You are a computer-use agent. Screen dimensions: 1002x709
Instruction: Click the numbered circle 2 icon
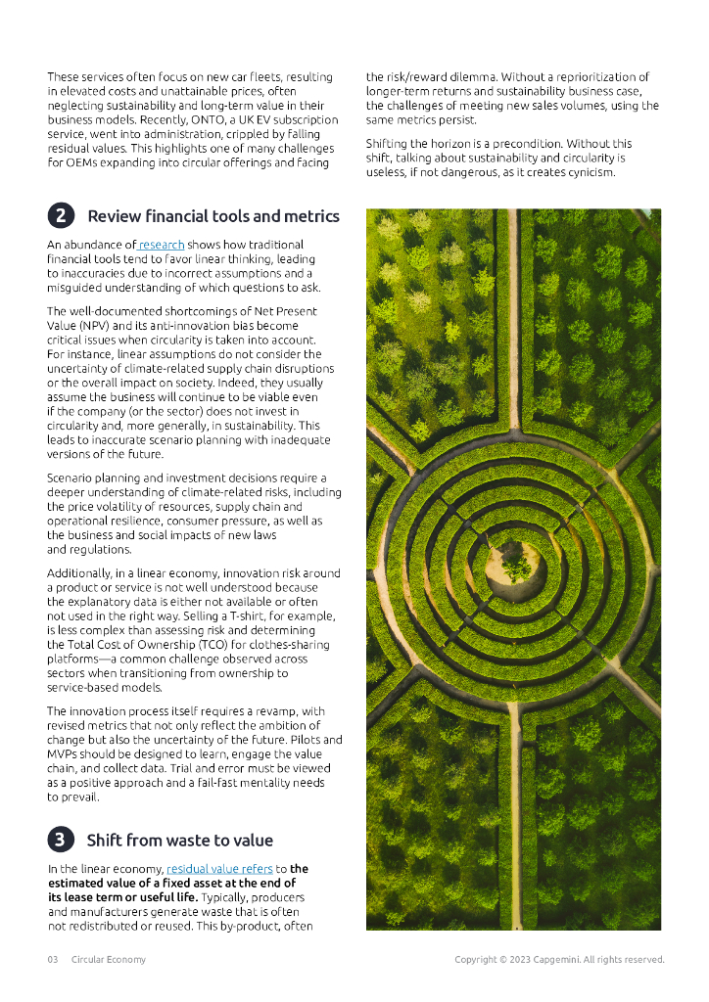[61, 216]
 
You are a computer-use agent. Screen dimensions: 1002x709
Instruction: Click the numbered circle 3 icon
[61, 840]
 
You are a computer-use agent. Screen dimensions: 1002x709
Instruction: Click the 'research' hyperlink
[162, 245]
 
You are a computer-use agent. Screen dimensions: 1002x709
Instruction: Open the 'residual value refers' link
[219, 869]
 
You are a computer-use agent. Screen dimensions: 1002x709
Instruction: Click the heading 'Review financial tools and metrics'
[213, 216]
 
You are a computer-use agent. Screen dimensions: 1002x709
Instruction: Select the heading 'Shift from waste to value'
[179, 840]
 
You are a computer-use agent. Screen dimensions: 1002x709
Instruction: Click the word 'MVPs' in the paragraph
[65, 753]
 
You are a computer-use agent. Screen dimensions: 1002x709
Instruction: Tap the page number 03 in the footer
[53, 959]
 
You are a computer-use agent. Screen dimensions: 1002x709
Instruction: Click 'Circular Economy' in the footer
[109, 959]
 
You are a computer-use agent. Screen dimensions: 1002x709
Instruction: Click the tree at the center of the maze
[516, 565]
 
